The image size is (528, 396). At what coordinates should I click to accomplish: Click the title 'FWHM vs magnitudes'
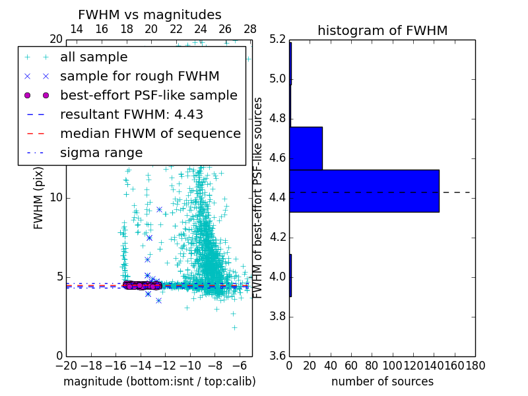click(x=149, y=15)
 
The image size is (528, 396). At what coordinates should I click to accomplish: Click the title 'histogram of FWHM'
click(x=382, y=30)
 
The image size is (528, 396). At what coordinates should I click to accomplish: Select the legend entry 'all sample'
click(x=94, y=57)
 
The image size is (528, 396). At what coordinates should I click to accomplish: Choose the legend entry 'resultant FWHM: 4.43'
click(x=131, y=114)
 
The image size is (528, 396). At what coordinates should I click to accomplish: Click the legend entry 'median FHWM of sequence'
click(x=150, y=133)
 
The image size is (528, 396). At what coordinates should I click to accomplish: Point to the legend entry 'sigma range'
click(x=101, y=152)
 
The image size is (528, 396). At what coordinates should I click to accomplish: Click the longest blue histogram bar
click(x=364, y=191)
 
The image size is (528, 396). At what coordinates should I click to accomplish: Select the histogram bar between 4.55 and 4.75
click(x=306, y=148)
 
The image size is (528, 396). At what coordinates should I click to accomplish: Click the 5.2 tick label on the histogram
click(x=279, y=40)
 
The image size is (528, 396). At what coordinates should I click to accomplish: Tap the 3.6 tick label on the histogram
click(x=279, y=356)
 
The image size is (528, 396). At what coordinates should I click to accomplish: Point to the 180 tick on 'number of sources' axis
click(x=475, y=366)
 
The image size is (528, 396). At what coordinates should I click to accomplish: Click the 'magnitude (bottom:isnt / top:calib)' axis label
click(x=159, y=381)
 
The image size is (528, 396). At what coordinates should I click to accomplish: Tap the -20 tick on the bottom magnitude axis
click(x=66, y=366)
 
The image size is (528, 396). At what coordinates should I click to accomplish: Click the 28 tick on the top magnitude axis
click(x=250, y=29)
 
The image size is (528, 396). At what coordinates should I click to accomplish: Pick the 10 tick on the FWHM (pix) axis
click(x=56, y=198)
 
